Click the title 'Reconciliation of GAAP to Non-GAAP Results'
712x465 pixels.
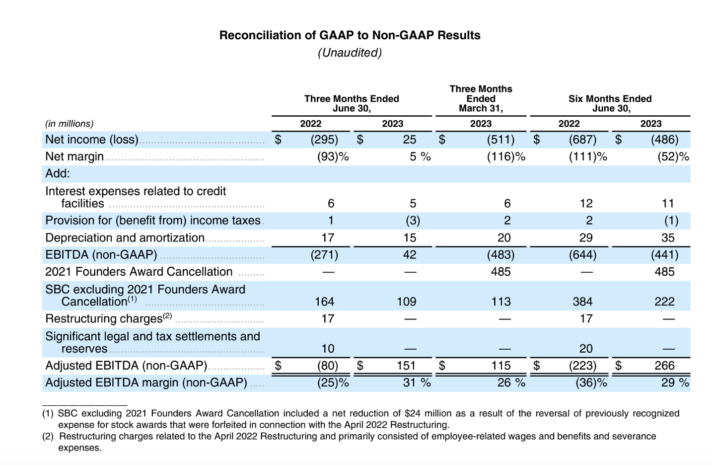coord(350,35)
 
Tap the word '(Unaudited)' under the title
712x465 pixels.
coord(350,53)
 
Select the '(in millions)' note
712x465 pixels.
coord(70,123)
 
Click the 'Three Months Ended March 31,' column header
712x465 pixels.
coord(481,98)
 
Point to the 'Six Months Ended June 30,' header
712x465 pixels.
coord(610,103)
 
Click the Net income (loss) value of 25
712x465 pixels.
coord(410,139)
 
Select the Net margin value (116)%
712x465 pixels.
coord(506,156)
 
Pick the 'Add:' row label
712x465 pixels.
coord(58,173)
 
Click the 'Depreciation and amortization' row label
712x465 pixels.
coord(125,237)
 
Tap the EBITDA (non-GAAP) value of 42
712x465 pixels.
coord(410,254)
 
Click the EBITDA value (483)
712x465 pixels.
coord(500,255)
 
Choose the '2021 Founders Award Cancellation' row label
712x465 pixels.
coord(139,272)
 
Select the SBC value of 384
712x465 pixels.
coord(582,302)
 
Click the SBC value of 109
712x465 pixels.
coord(407,302)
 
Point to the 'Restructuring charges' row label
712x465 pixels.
coord(108,318)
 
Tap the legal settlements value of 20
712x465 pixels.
coord(586,349)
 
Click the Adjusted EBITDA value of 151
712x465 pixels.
coord(406,366)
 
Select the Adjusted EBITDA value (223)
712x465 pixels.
coord(582,366)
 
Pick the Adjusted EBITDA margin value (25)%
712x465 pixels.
coord(333,383)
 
